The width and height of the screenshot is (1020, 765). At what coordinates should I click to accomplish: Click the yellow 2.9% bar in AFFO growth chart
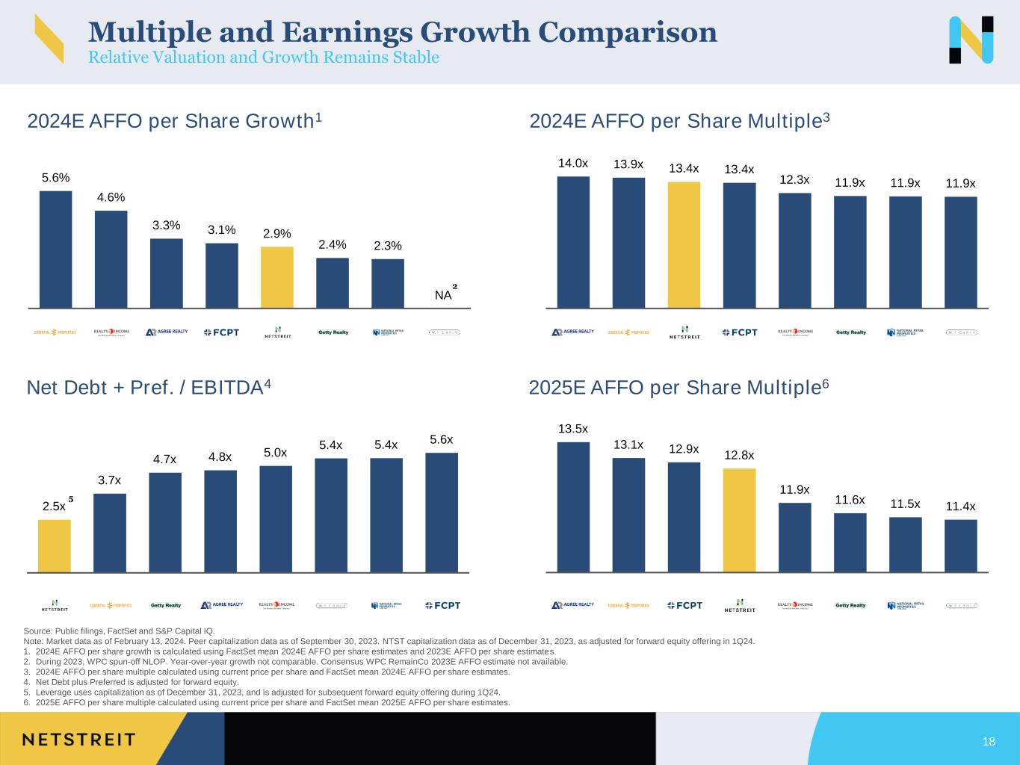[277, 277]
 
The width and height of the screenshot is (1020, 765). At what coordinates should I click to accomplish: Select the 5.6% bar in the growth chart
[56, 249]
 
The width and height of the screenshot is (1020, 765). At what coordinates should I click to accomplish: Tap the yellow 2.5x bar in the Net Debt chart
[55, 546]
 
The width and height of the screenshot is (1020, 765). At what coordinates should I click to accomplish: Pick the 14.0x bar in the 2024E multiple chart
[573, 242]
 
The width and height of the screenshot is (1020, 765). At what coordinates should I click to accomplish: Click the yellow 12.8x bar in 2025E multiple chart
[739, 520]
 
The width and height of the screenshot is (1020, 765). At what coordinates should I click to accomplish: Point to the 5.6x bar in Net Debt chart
[442, 512]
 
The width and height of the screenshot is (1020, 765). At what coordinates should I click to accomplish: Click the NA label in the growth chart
[443, 295]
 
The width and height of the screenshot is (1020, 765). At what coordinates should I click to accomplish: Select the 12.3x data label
[794, 180]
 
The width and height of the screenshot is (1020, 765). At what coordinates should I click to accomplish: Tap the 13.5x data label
[573, 429]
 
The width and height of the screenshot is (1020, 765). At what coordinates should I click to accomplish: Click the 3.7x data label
[109, 480]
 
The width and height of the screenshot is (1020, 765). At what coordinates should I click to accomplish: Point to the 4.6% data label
[111, 197]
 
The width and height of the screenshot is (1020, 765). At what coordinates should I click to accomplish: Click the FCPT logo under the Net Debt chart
[442, 605]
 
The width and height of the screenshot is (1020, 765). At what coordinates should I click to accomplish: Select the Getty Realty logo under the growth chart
[333, 332]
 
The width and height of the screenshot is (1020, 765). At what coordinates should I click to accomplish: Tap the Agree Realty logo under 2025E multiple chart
[573, 605]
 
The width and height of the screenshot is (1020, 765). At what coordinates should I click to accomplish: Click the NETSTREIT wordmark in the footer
[79, 740]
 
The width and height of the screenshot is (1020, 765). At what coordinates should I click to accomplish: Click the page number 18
[989, 742]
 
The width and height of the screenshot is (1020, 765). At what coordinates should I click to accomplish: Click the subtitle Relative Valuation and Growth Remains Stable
[264, 58]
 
